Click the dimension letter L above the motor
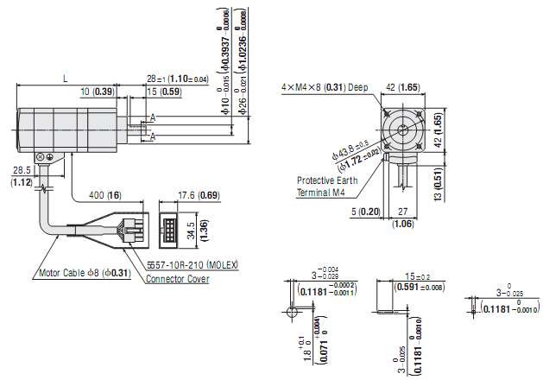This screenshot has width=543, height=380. coord(66,78)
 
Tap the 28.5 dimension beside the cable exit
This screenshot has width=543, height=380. coord(21,171)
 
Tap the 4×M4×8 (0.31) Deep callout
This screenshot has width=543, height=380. coord(324,87)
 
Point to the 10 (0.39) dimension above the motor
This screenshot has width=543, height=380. coord(97,92)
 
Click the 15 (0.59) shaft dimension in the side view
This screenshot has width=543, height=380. coord(164,92)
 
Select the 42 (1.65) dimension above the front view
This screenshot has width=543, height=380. coord(402,87)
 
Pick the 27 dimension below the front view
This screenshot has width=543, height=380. coord(402,212)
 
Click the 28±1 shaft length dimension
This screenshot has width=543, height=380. coord(177,79)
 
